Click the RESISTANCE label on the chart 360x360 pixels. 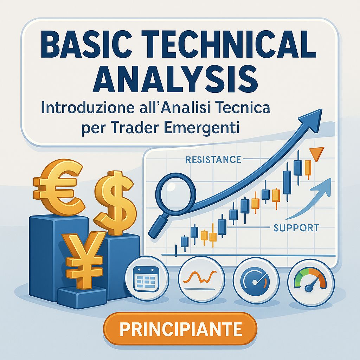coord(213,160)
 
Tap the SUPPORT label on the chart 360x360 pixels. coord(296,228)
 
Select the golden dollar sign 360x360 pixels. coord(115,202)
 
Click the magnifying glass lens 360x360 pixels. coord(176,192)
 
